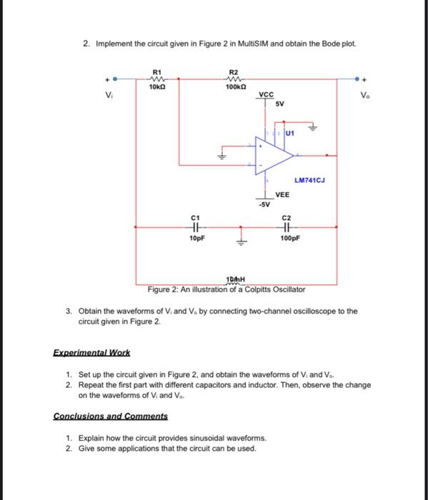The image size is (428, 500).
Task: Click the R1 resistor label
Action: coord(158,71)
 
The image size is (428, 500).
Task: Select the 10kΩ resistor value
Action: coord(158,86)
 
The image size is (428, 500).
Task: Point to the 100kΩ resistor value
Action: coord(234,86)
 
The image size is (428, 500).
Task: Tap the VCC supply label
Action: coord(266,94)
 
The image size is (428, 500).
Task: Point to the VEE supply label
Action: coord(283,194)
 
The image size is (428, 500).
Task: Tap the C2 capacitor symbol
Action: coord(287,228)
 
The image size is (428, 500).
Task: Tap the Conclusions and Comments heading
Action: coord(111,416)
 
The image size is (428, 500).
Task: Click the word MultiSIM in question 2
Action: coord(242,44)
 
